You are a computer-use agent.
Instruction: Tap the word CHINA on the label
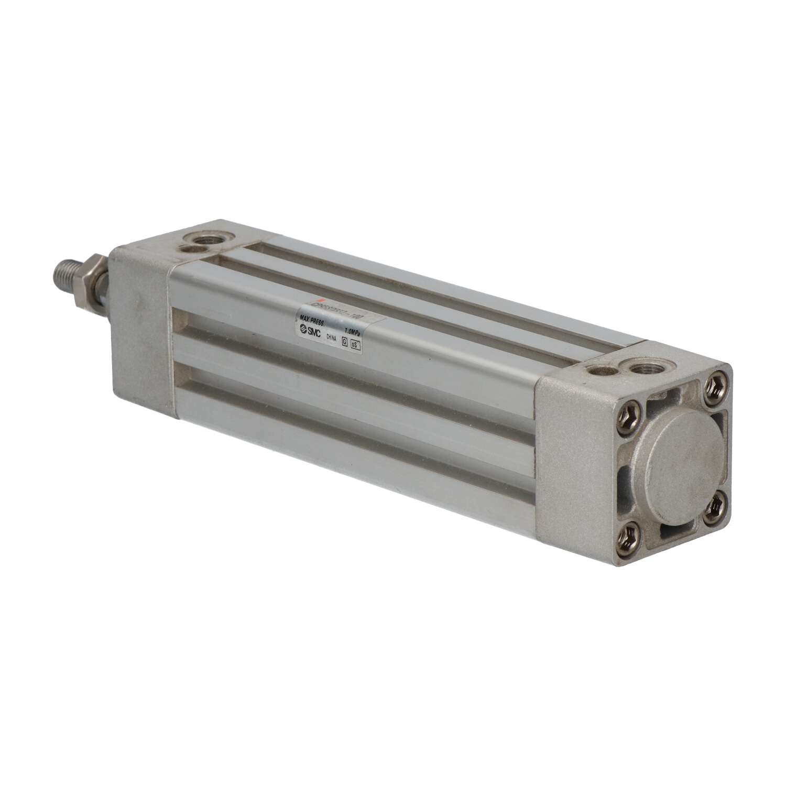coord(332,338)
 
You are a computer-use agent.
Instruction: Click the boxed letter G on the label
coord(344,341)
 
